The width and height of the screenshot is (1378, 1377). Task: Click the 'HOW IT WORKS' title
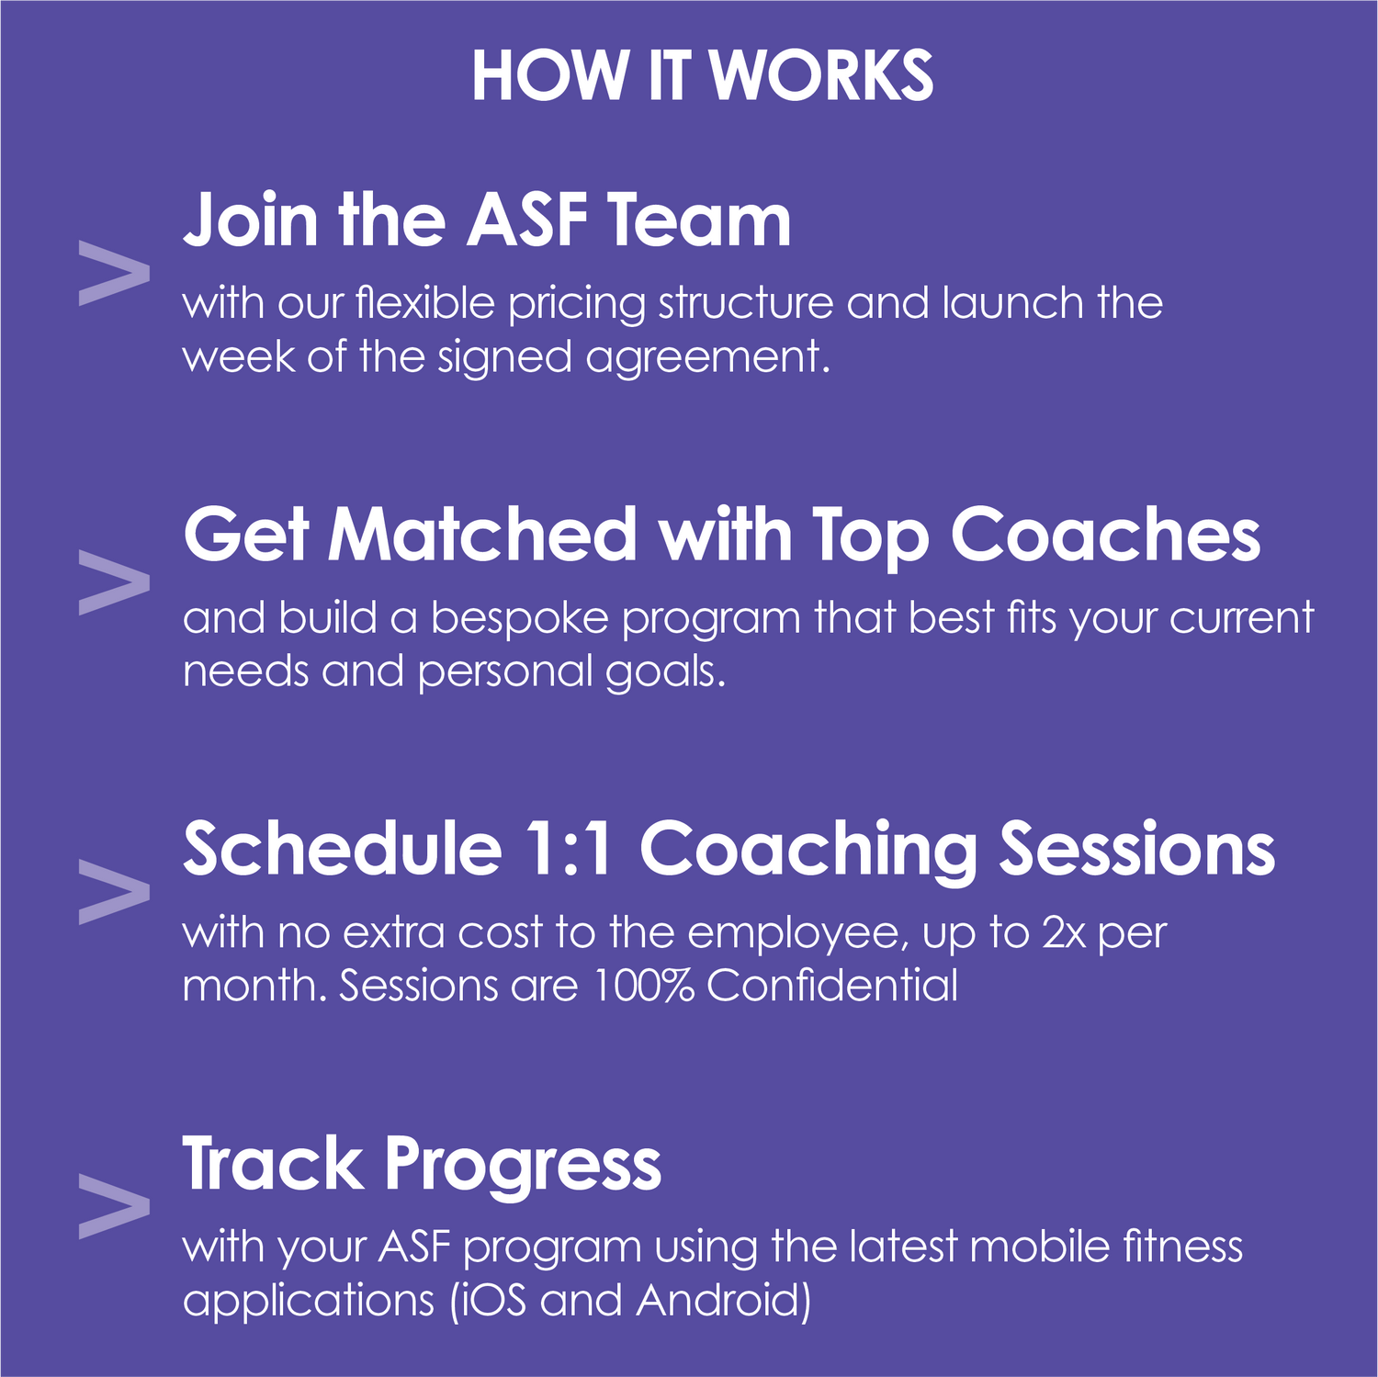click(x=703, y=75)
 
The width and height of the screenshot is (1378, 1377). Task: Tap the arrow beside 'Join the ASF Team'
click(x=115, y=274)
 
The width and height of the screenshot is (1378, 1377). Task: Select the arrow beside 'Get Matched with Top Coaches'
click(x=115, y=582)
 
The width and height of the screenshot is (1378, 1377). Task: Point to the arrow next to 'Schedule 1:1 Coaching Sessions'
click(x=115, y=892)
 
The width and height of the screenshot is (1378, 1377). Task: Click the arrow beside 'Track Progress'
click(x=115, y=1206)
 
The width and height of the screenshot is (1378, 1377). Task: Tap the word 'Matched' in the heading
click(x=483, y=535)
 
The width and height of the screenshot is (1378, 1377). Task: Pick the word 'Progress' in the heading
click(x=523, y=1166)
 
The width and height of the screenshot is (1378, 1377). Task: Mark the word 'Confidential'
click(x=832, y=986)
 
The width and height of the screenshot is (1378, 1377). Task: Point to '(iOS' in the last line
click(x=489, y=1301)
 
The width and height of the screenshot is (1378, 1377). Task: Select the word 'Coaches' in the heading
click(x=1105, y=535)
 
